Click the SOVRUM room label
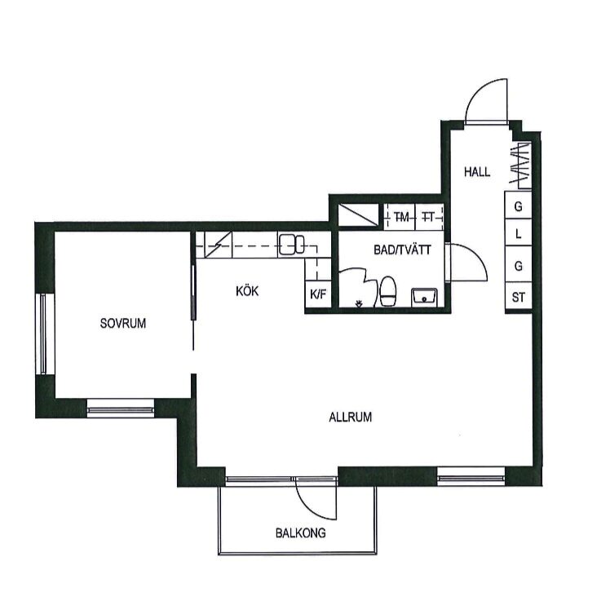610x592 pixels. coord(123,323)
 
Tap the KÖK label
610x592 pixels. coord(247,291)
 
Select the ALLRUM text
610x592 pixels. coord(350,417)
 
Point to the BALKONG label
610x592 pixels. coord(300,532)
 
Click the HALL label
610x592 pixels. coord(477,171)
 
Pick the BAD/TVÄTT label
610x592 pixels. coord(402,250)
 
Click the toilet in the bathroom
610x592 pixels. coord(388,291)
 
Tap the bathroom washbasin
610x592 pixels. coord(424,297)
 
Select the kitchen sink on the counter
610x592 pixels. coord(291,245)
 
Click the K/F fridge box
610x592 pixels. coord(318,295)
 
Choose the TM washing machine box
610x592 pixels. coord(400,217)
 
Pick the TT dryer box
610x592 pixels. coord(430,217)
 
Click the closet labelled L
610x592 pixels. coord(518,233)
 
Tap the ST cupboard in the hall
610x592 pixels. coord(518,298)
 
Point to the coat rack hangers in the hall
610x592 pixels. coord(520,165)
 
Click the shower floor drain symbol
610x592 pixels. coord(359,303)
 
